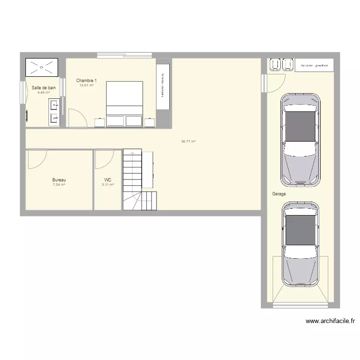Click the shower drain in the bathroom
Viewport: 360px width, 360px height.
pos(43,68)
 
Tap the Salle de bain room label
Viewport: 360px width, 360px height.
pos(44,88)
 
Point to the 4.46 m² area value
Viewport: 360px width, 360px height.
pos(44,93)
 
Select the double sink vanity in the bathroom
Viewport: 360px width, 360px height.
pos(55,112)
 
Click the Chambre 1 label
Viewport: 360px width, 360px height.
pos(86,81)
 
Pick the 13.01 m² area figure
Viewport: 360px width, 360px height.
pos(86,85)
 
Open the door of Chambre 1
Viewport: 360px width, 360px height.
pos(77,118)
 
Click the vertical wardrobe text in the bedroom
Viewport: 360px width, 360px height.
pos(163,84)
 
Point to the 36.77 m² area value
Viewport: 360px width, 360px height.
pos(188,142)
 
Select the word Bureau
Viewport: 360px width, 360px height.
pos(59,180)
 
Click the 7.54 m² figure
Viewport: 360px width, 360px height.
pos(59,185)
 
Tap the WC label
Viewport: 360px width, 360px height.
pos(108,180)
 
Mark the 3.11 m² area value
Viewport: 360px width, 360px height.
pos(108,185)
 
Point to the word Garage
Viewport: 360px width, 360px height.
pos(279,194)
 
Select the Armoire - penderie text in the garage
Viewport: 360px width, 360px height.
pos(314,65)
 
